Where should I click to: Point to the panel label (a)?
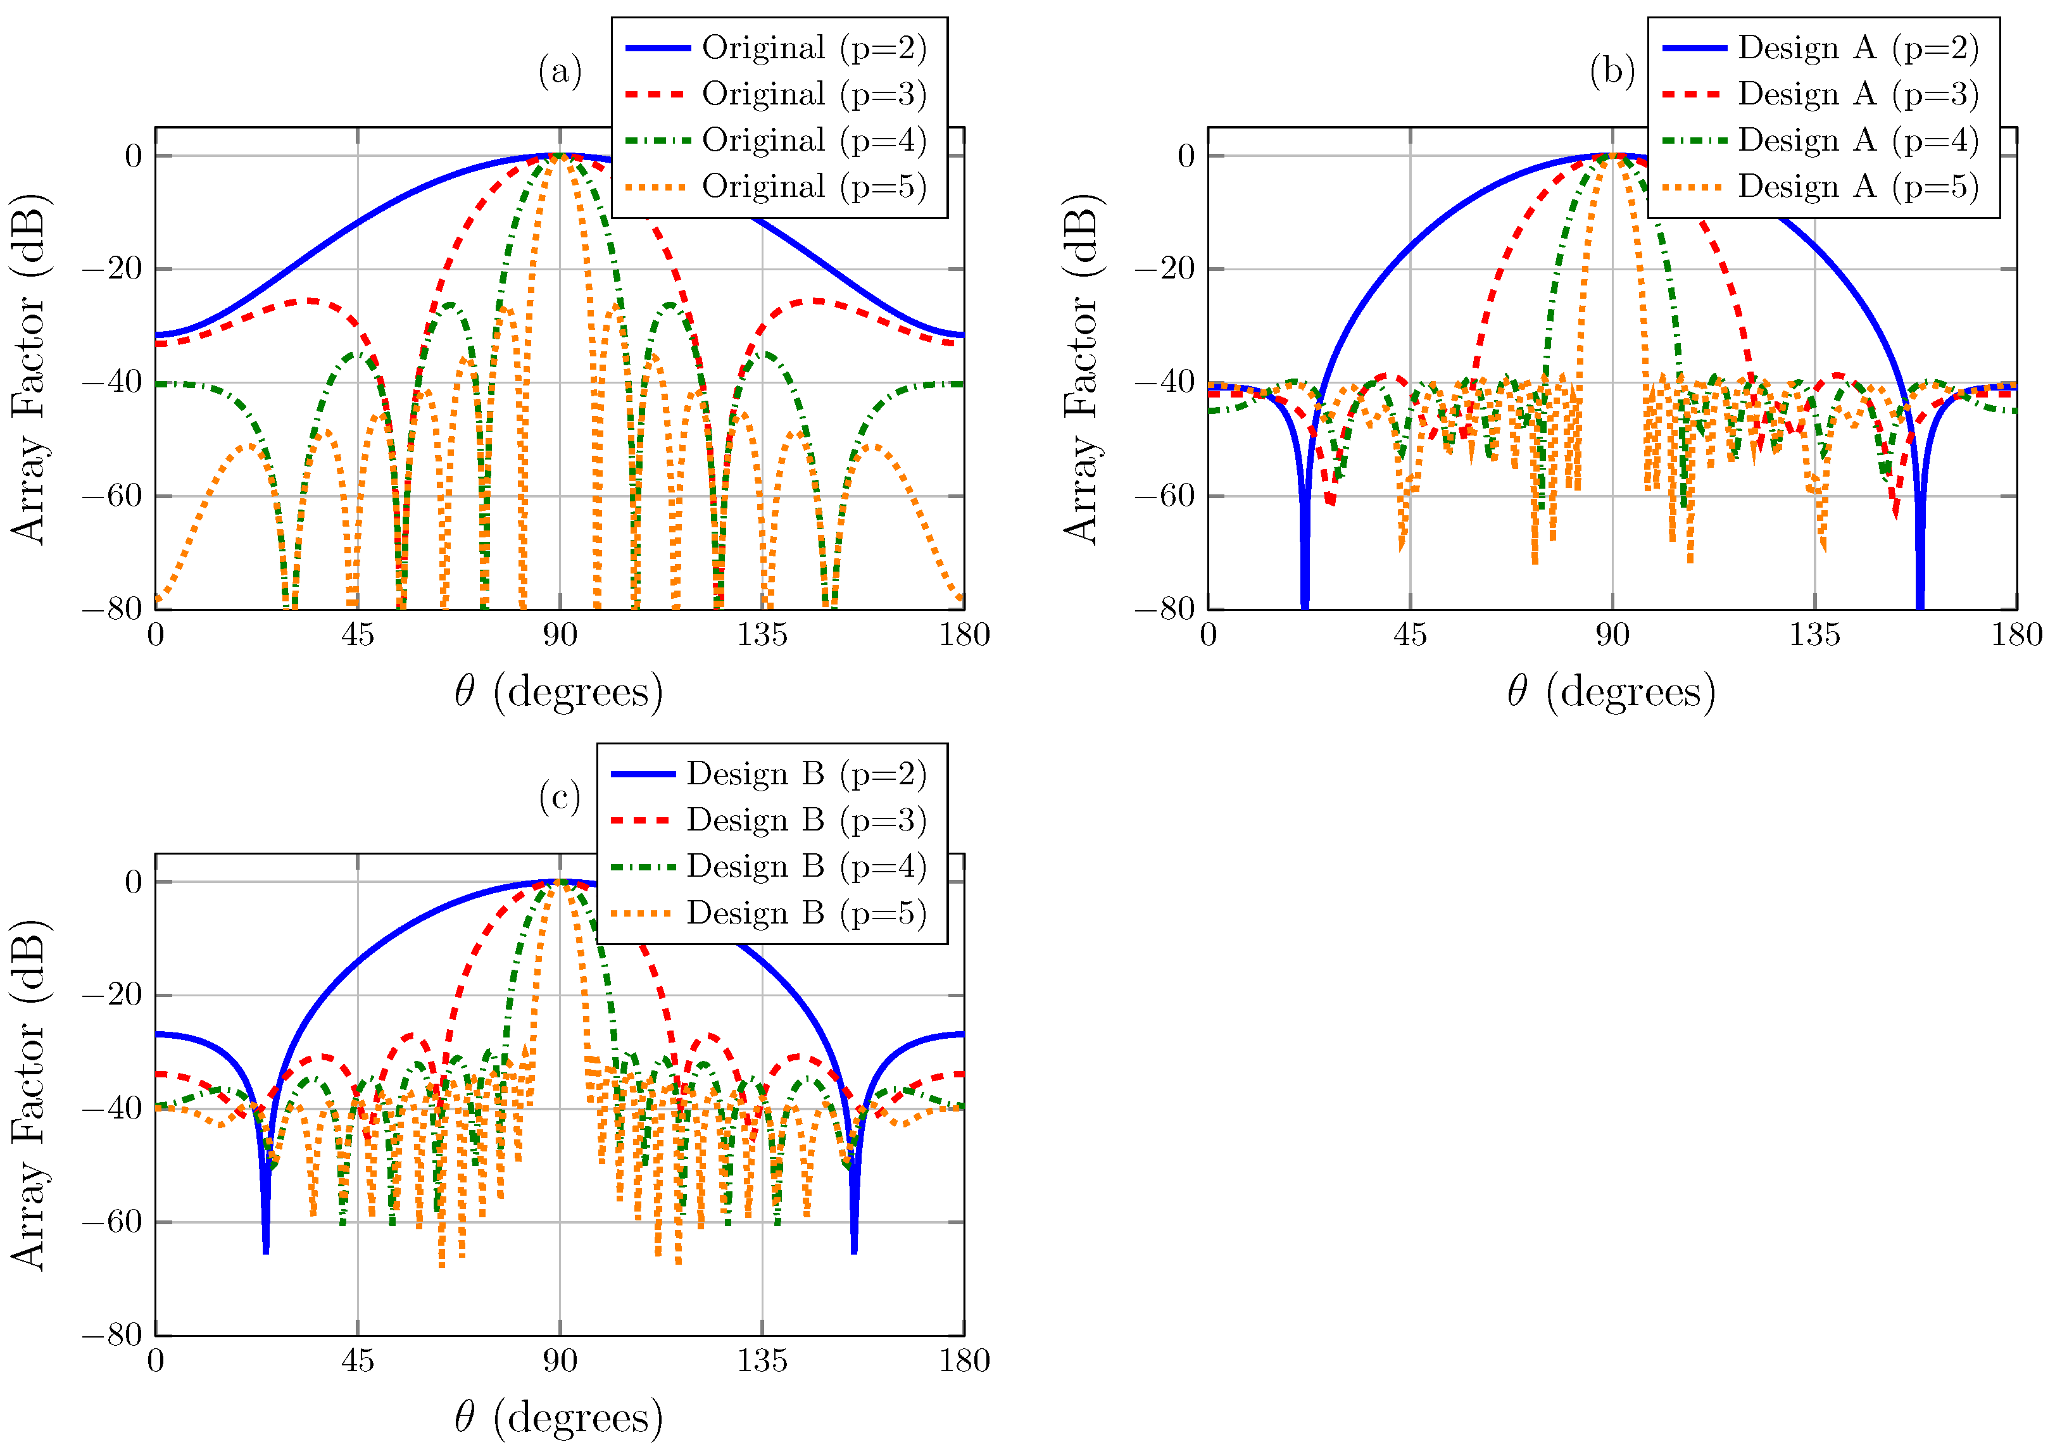560,71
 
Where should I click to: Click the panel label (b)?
1612,71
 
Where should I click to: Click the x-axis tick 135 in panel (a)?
762,635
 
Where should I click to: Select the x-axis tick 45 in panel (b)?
1411,635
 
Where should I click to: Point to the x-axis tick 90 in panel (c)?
560,1361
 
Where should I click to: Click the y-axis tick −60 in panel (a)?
112,495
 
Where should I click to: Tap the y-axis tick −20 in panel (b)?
1164,268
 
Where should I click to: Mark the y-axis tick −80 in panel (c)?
112,1335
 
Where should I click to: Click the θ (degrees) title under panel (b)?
1612,691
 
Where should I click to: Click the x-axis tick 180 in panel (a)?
964,635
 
